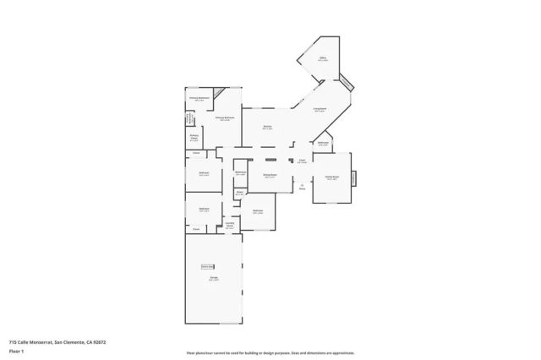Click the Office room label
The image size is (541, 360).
coord(322,60)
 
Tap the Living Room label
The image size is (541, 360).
coord(320,110)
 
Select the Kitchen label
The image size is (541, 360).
coord(267,128)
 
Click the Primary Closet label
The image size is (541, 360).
coord(194,138)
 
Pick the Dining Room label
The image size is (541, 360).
coord(270,176)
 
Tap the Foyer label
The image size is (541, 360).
coord(302,160)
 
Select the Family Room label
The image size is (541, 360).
coord(331,177)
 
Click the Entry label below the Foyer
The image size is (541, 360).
coord(302,188)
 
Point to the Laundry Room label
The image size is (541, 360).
coord(229,225)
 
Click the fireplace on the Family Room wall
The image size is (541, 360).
coord(354,178)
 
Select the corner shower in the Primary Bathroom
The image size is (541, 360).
coord(220,93)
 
